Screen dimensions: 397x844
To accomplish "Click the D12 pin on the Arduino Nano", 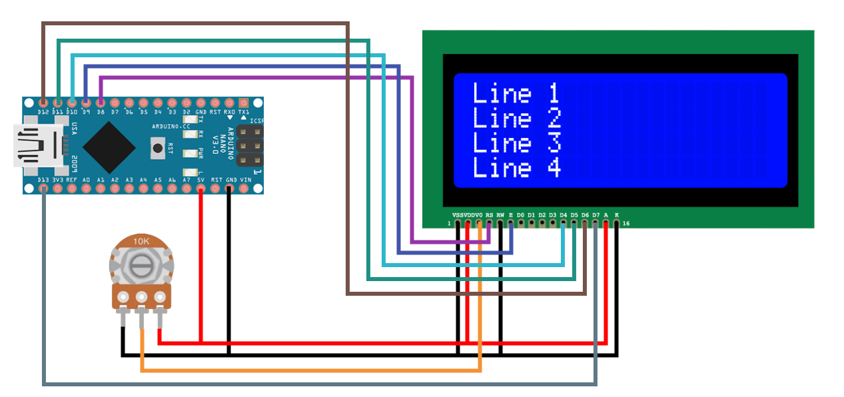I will coord(44,103).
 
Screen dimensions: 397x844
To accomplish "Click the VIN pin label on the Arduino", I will coord(245,180).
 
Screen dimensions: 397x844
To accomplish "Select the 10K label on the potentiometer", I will coord(141,241).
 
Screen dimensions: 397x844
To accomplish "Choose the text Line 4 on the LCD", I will coord(516,168).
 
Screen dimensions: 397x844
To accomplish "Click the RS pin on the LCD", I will coord(490,223).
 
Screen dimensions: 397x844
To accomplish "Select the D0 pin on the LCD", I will coord(521,223).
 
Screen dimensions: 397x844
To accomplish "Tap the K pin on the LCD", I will coord(616,223).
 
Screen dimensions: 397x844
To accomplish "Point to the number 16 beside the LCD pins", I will coord(626,224).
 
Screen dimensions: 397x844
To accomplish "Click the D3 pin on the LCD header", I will coord(553,223).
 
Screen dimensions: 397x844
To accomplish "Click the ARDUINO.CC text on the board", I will coord(171,126).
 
